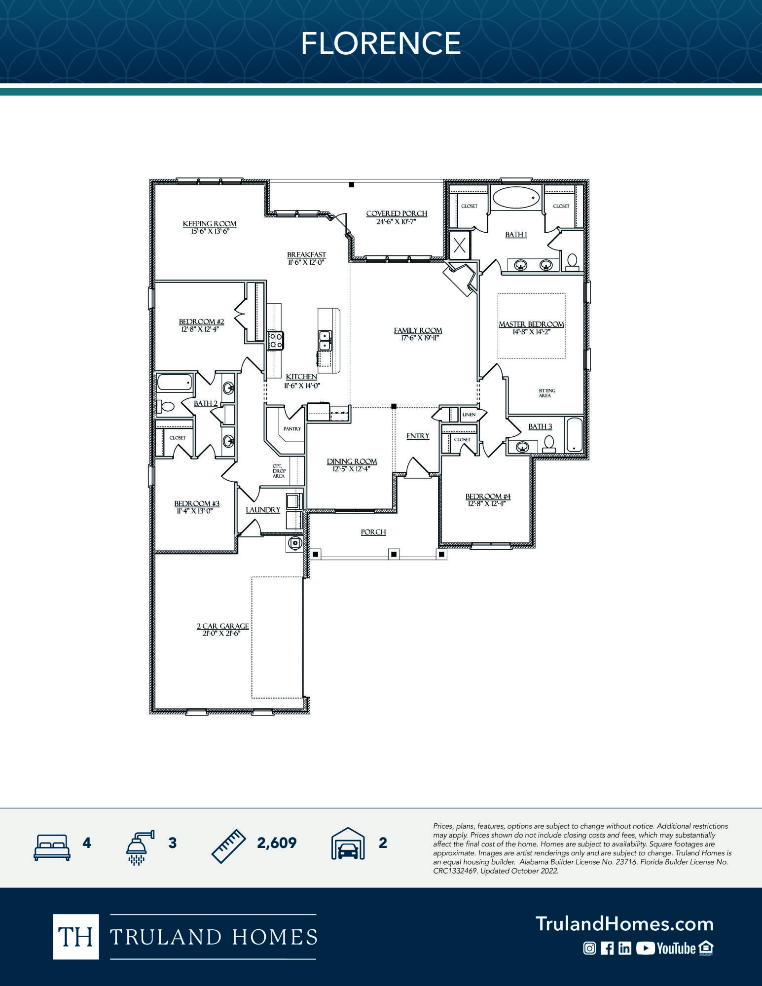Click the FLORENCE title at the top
pyautogui.click(x=381, y=43)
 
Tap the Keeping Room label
pyautogui.click(x=210, y=224)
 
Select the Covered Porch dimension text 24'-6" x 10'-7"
pyautogui.click(x=396, y=221)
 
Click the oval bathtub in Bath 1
pyautogui.click(x=515, y=197)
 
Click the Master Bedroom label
pyautogui.click(x=531, y=324)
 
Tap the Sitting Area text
pyautogui.click(x=546, y=393)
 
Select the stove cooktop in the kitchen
pyautogui.click(x=275, y=340)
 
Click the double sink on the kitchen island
pyautogui.click(x=325, y=340)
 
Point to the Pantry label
pyautogui.click(x=292, y=429)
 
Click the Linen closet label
pyautogui.click(x=469, y=415)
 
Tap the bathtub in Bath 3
pyautogui.click(x=574, y=434)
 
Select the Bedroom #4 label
pyautogui.click(x=488, y=496)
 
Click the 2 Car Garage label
pyautogui.click(x=223, y=626)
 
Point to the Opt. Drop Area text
pyautogui.click(x=279, y=471)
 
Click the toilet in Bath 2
pyautogui.click(x=166, y=407)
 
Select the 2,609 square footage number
pyautogui.click(x=277, y=843)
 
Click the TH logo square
pyautogui.click(x=76, y=936)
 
